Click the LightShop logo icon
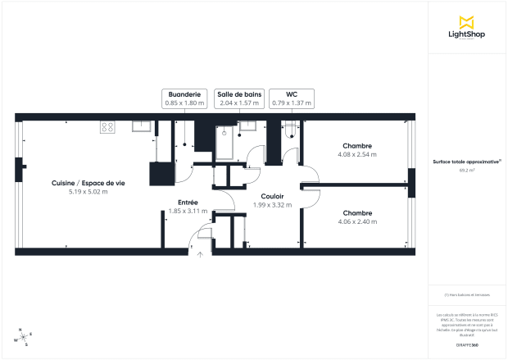(x=467, y=21)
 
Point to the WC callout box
(x=292, y=98)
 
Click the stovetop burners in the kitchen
(x=108, y=126)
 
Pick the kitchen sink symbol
(x=141, y=125)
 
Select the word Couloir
(x=272, y=196)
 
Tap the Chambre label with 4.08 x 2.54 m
(x=356, y=146)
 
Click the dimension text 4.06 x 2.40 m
(x=356, y=221)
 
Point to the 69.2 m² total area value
(x=467, y=171)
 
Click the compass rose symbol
(x=22, y=337)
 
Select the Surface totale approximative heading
(x=466, y=162)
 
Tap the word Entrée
(x=188, y=202)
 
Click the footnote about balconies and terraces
(x=467, y=294)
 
